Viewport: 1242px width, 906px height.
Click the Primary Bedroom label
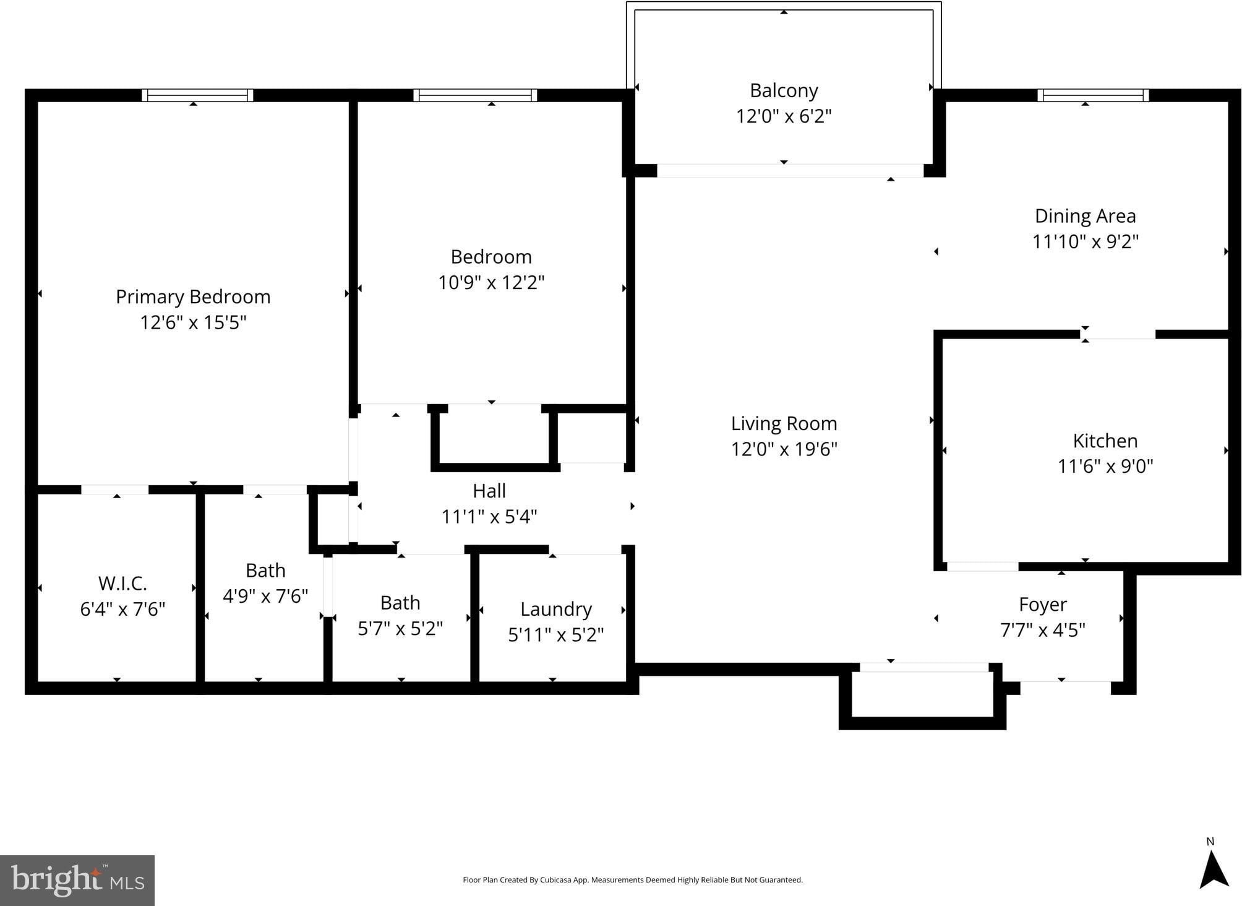tap(193, 297)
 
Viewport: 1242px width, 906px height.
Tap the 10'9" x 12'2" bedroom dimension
tap(491, 282)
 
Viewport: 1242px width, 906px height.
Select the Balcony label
tap(784, 91)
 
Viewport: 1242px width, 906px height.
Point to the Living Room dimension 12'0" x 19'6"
tap(784, 449)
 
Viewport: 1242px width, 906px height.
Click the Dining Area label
tap(1085, 216)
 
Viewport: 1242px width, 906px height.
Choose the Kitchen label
tap(1105, 441)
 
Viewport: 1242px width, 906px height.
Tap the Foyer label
tap(1043, 605)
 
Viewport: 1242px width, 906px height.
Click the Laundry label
tap(555, 610)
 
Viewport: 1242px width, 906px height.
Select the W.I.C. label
tap(122, 583)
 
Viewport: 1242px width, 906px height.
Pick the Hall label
tap(489, 491)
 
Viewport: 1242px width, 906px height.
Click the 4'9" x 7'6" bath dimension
tap(265, 596)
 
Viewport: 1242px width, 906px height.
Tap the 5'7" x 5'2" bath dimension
tap(400, 629)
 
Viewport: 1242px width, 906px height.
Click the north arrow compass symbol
tap(1214, 869)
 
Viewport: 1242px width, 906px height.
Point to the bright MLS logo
tap(77, 881)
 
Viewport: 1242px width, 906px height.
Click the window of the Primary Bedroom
tap(197, 95)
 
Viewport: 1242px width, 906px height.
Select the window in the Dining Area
tap(1093, 95)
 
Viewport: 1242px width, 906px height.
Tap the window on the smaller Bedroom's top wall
tap(475, 95)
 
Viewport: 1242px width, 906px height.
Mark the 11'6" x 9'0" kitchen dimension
tap(1105, 466)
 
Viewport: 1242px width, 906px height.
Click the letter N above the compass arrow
tap(1210, 842)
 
